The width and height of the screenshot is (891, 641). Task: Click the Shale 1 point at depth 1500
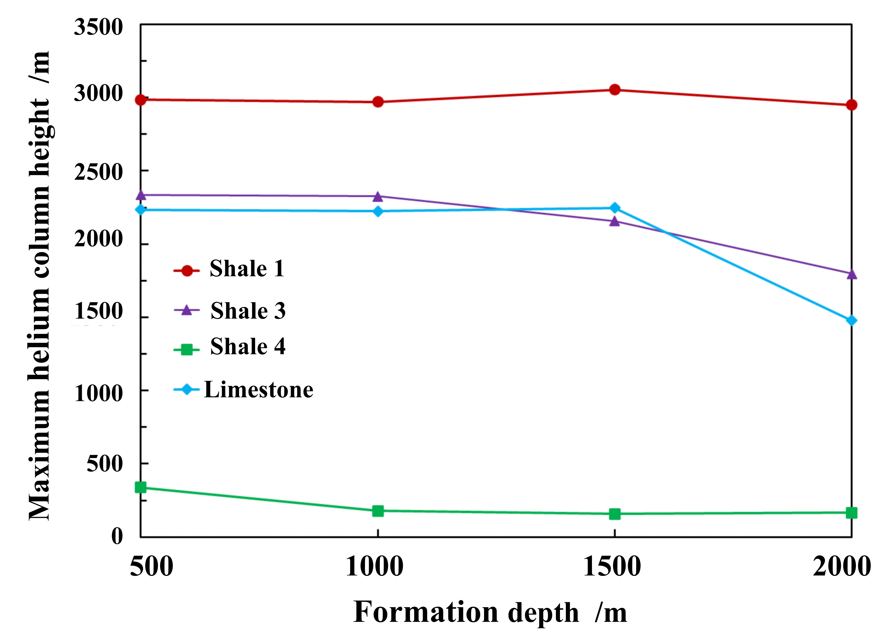click(x=614, y=90)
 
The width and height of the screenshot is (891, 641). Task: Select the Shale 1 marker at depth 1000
click(x=377, y=102)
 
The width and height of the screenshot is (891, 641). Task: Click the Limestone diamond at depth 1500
click(x=614, y=208)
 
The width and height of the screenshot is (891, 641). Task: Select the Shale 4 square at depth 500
click(x=141, y=487)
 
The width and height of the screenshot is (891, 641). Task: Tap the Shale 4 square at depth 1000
click(x=377, y=511)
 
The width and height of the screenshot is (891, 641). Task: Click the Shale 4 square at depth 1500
click(x=614, y=514)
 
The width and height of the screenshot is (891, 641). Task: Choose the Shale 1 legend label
click(x=247, y=269)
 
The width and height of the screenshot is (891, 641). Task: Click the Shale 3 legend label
click(x=248, y=311)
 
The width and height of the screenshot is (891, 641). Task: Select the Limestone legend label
click(x=258, y=390)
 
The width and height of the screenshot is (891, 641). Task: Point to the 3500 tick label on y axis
click(x=98, y=27)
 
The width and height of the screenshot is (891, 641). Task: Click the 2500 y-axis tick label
click(x=98, y=172)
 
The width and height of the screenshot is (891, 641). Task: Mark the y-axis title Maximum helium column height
click(x=39, y=286)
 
